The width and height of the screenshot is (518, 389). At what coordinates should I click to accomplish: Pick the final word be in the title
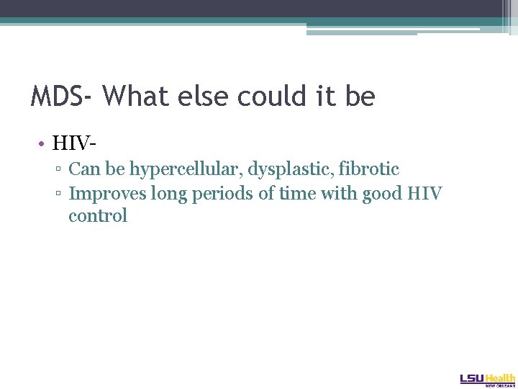click(360, 96)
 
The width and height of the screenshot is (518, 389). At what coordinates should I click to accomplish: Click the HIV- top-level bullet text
click(74, 143)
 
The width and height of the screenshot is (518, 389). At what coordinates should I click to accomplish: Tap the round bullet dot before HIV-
click(42, 143)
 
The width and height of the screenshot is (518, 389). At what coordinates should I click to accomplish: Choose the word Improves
click(104, 194)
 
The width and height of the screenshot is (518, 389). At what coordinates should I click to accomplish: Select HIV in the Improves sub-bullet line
click(427, 193)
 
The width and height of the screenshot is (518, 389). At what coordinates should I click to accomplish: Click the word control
click(98, 216)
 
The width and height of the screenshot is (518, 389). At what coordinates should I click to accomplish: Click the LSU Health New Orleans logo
click(487, 380)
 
